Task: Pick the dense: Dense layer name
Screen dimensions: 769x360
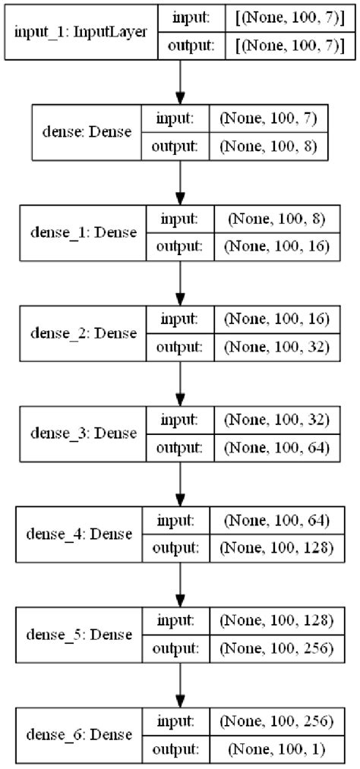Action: pyautogui.click(x=85, y=132)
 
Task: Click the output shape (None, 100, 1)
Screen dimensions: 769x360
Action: pyautogui.click(x=271, y=749)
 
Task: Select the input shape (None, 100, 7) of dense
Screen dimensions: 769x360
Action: pyautogui.click(x=273, y=119)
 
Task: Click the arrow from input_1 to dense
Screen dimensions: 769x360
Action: pyautogui.click(x=180, y=80)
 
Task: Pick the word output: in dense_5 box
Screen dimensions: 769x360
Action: pyautogui.click(x=177, y=648)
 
